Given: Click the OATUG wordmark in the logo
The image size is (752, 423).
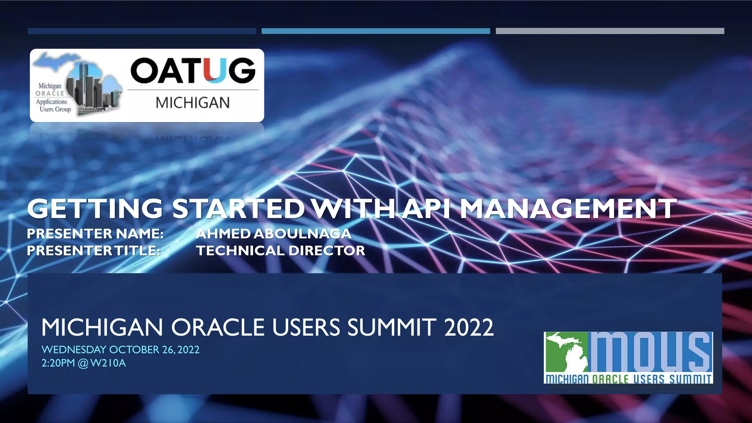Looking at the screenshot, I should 193,70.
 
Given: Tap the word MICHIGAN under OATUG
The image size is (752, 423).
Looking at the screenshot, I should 192,102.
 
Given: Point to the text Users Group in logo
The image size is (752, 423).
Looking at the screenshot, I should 55,109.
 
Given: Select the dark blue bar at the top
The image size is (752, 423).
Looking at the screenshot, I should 142,31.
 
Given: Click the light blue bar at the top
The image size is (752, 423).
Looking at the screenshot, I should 376,31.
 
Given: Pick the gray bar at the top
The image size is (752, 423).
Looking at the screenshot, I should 610,31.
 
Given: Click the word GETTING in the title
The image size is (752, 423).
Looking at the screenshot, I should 95,209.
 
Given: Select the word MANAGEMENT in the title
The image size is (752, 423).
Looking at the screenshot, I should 567,209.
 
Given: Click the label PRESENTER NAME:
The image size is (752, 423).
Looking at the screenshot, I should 95,234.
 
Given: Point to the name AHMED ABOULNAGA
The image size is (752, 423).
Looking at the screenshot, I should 274,234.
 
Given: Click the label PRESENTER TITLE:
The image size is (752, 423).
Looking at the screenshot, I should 94,251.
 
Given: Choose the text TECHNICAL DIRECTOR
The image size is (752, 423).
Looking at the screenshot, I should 281,251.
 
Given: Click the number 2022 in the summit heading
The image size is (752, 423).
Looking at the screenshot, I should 469,327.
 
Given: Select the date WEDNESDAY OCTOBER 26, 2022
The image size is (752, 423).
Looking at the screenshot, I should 120,350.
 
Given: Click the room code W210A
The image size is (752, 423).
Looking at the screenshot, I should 108,363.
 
